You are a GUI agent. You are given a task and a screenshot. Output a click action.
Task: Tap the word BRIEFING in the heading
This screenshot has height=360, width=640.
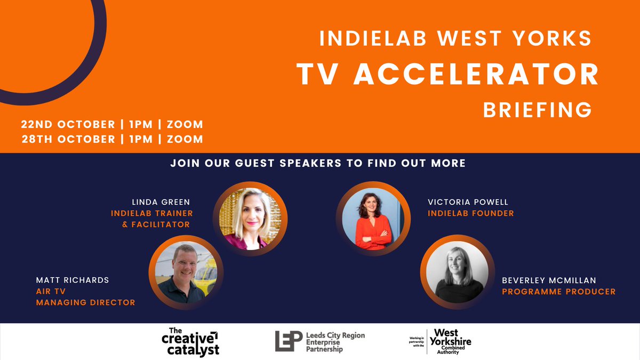tap(537, 110)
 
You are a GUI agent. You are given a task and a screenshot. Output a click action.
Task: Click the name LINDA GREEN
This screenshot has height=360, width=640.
tap(161, 202)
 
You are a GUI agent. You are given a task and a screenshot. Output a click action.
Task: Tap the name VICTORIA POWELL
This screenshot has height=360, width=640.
tap(468, 202)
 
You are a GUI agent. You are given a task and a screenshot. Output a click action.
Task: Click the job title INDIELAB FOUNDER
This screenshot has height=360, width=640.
tap(470, 213)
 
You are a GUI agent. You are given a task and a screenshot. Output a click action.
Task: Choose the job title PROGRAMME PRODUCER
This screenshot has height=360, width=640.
tap(558, 292)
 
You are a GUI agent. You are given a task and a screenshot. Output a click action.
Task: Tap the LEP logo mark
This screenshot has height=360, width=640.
tap(289, 341)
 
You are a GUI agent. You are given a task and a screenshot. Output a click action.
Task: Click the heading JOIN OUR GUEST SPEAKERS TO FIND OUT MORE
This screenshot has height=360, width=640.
tap(318, 163)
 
